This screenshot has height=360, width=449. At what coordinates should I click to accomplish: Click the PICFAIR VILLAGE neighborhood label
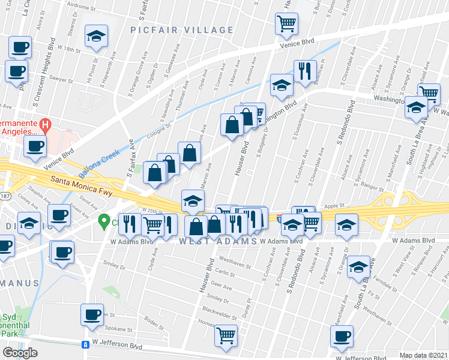(182, 30)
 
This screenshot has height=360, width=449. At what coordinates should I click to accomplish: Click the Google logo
(20, 353)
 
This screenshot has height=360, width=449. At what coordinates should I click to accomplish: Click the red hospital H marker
(45, 124)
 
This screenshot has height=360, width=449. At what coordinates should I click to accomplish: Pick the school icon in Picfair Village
(95, 36)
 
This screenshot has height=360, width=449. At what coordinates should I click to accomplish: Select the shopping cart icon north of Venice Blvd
(287, 24)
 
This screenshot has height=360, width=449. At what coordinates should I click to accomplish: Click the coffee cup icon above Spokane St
(92, 314)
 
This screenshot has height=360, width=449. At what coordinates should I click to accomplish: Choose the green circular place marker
(104, 221)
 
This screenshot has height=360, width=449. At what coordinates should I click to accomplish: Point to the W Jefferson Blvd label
(118, 346)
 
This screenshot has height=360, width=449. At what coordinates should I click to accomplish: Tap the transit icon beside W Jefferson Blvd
(86, 344)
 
